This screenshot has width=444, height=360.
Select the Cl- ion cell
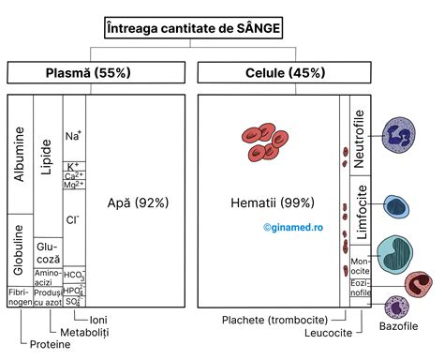coord(74,220)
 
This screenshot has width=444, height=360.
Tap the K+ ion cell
coord(74,166)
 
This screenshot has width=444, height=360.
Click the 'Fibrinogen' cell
coord(20,297)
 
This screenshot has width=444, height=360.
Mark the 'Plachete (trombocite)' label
coord(268,320)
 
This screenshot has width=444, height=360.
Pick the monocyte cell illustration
coord(396,256)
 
